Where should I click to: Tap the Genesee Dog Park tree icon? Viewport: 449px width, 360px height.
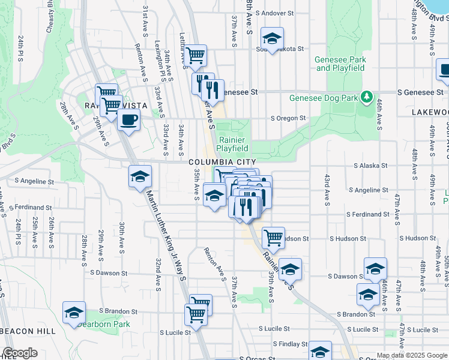[366, 97]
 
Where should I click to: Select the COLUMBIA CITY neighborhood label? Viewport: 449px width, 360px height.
[222, 162]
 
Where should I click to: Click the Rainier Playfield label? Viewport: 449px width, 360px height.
[232, 143]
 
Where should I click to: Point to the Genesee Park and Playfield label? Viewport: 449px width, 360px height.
[340, 64]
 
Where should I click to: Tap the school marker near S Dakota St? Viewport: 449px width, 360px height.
[272, 39]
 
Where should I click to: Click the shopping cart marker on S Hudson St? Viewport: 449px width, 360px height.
[273, 237]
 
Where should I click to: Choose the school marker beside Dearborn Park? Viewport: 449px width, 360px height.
[74, 313]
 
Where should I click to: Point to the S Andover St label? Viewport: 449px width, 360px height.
[274, 13]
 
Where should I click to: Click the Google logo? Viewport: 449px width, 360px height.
[20, 353]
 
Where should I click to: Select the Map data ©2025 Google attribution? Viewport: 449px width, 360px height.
[412, 355]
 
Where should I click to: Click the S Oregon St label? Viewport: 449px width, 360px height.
[288, 118]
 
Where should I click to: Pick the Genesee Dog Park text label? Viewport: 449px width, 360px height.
[323, 98]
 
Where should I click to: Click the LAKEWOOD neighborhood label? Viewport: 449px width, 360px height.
[430, 112]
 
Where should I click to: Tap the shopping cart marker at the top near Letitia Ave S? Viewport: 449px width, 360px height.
[196, 56]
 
